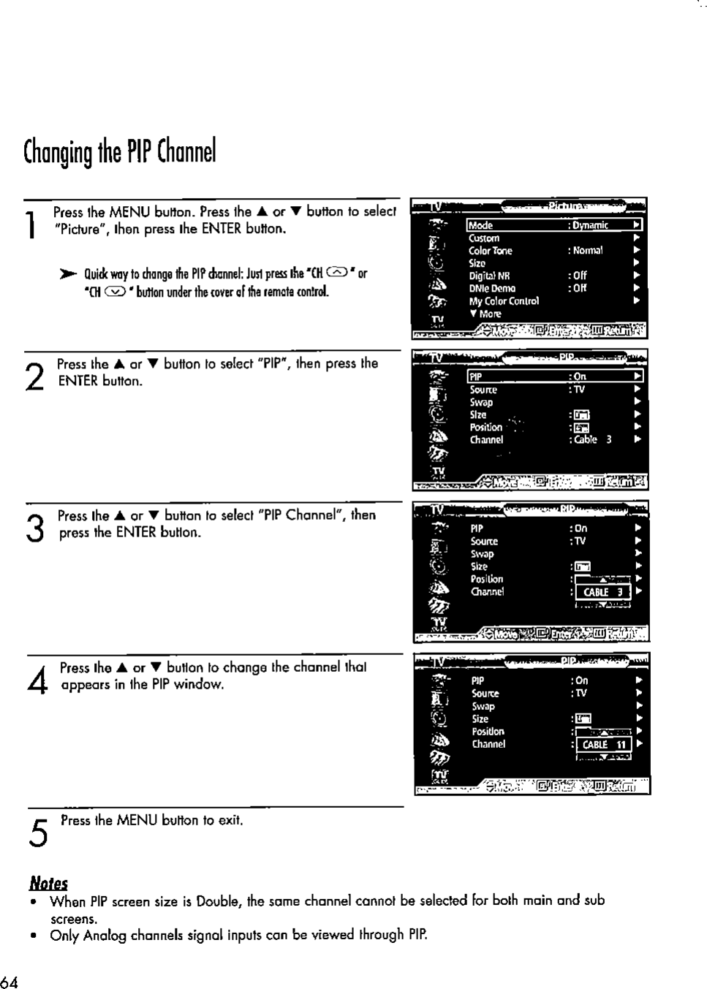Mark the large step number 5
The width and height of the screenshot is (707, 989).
pyautogui.click(x=38, y=833)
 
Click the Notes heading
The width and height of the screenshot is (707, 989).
pyautogui.click(x=48, y=883)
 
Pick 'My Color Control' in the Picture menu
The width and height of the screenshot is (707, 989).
pyautogui.click(x=504, y=300)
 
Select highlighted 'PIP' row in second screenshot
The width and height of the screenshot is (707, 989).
pyautogui.click(x=476, y=376)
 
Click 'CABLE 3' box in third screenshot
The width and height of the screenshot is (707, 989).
pyautogui.click(x=602, y=592)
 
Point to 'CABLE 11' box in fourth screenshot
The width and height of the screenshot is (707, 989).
pyautogui.click(x=604, y=744)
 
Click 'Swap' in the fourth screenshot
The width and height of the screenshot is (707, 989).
pyautogui.click(x=483, y=706)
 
